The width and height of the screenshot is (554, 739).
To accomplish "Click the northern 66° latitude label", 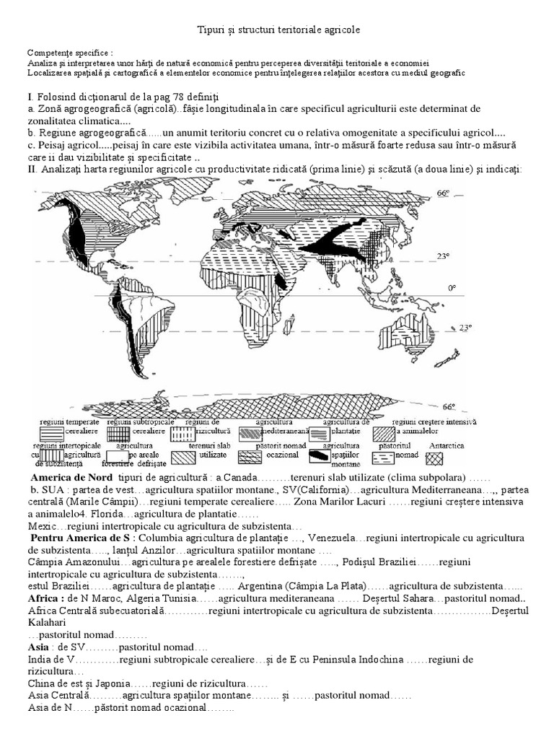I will [x=443, y=193].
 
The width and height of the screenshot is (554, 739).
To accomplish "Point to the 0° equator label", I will [x=452, y=288].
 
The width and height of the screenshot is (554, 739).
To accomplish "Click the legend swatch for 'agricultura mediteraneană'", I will [x=252, y=434].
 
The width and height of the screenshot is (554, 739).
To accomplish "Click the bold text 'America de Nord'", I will [x=71, y=478].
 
